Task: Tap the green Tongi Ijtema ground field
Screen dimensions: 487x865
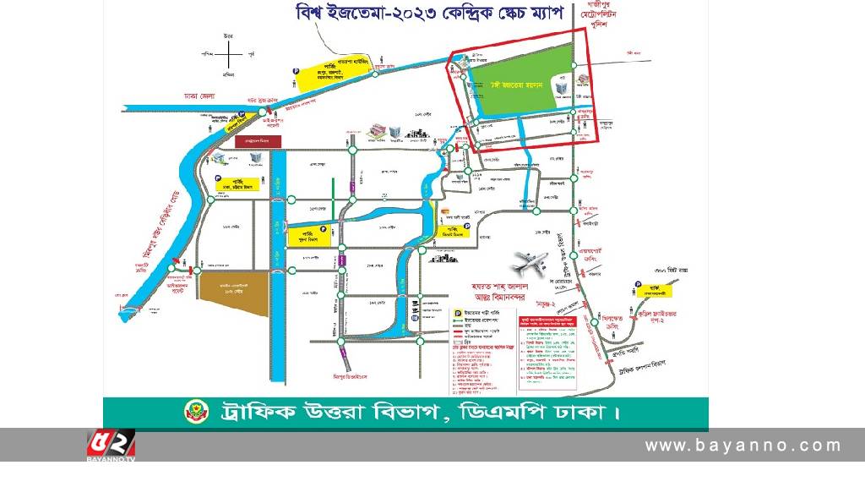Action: point(515,85)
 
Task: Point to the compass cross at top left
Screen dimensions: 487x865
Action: point(228,55)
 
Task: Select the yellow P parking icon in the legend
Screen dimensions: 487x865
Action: point(457,312)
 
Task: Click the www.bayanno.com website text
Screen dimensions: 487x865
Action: point(743,446)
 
